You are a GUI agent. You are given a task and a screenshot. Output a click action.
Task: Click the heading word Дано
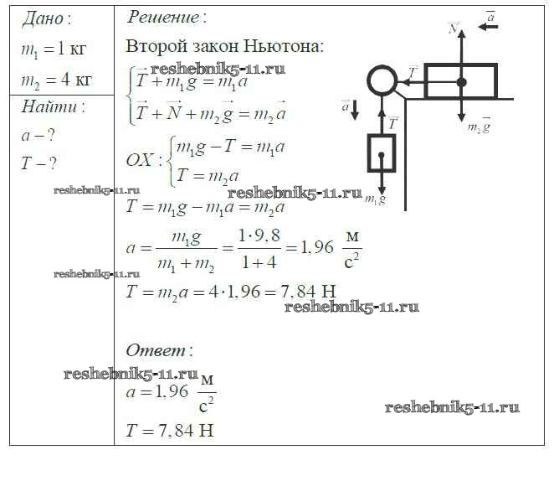(x=45, y=18)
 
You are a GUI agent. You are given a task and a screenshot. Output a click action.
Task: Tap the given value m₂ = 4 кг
(x=56, y=80)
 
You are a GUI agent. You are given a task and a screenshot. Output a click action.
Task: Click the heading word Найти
(x=53, y=107)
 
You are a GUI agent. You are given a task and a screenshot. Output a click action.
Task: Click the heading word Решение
(x=166, y=17)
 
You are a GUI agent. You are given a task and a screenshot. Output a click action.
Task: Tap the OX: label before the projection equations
(x=145, y=159)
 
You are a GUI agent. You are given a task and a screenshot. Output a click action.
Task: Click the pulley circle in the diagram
(x=382, y=81)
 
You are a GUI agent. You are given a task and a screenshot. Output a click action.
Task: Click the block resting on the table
(x=461, y=81)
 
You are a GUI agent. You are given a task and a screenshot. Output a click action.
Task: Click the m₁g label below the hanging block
(x=376, y=199)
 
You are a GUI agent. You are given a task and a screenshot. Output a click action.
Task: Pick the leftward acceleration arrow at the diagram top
(x=488, y=27)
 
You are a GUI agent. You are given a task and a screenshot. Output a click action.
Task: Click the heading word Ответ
(x=158, y=350)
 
